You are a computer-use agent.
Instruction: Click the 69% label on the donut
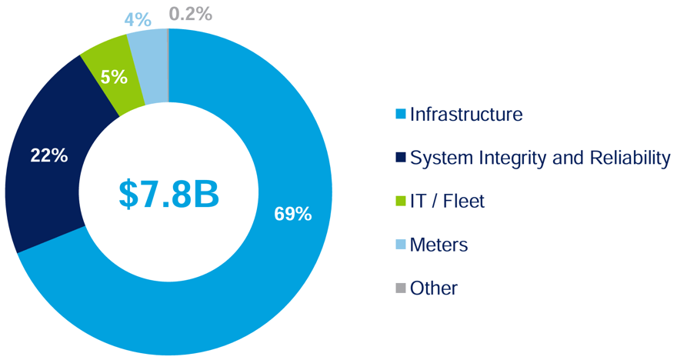293,215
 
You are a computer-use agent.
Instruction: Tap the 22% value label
49,155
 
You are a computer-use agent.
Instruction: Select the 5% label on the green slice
114,77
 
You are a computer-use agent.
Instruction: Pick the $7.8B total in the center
169,194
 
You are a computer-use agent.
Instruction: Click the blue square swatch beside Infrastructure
400,115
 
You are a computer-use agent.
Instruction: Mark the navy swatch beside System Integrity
400,158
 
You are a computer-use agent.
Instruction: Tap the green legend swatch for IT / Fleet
400,202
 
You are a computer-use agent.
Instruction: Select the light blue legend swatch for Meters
400,245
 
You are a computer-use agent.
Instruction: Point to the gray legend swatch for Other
400,288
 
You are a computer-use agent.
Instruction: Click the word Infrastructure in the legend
466,115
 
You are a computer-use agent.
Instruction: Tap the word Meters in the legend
439,245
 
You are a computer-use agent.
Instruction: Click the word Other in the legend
434,288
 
